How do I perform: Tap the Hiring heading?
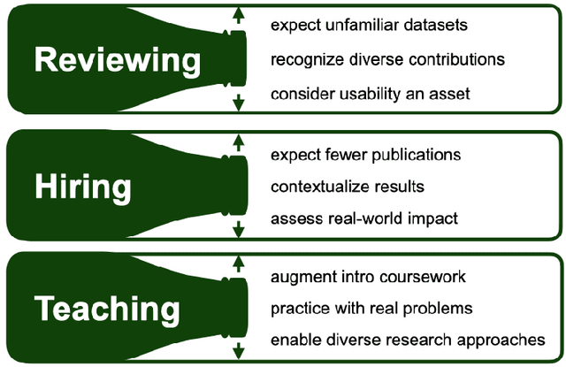(82, 187)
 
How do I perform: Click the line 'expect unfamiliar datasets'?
(369, 24)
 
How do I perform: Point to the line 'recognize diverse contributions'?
(387, 59)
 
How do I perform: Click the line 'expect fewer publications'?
(365, 155)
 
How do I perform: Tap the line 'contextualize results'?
(348, 187)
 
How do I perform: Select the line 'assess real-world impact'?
(364, 218)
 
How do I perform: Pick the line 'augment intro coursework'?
(368, 278)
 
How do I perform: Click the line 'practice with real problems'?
(372, 309)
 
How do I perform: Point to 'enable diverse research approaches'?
(408, 340)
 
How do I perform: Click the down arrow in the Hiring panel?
(237, 230)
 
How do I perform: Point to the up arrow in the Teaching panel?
(237, 263)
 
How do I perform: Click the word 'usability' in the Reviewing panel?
(363, 94)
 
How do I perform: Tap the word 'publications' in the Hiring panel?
(417, 155)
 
